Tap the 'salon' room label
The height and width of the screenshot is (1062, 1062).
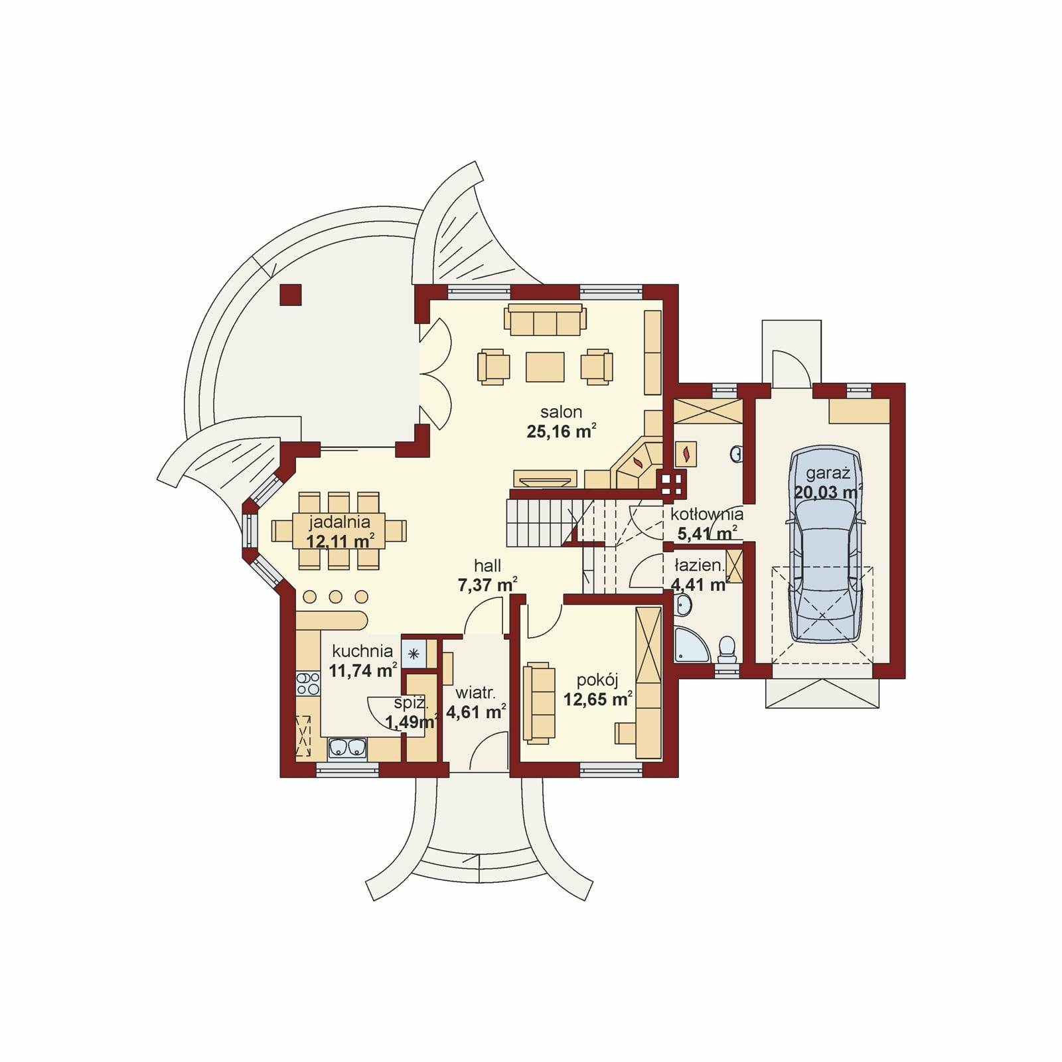tap(561, 412)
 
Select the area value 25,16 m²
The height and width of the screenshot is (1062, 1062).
tap(562, 431)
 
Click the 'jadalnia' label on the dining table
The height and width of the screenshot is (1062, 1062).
tap(339, 522)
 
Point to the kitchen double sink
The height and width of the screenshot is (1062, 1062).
tap(348, 747)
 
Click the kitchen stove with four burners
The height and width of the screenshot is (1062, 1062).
tap(307, 684)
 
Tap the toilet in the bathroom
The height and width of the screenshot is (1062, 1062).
tap(727, 649)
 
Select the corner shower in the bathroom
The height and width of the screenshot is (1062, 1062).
tap(690, 646)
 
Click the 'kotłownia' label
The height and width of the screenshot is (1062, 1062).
tap(707, 514)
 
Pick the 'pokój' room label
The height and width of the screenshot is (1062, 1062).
tap(597, 680)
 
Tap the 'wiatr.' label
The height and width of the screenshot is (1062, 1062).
tap(475, 694)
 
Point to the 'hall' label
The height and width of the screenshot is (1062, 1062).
tap(487, 566)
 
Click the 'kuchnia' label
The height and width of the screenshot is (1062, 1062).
tap(362, 651)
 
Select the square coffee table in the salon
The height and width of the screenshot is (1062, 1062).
tap(545, 367)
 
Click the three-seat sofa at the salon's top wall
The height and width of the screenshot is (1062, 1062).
tap(545, 320)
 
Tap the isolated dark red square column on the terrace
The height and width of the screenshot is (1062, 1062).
tap(291, 295)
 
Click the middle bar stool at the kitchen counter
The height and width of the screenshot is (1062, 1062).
tap(335, 596)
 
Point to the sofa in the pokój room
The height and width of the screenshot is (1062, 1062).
tap(538, 701)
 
